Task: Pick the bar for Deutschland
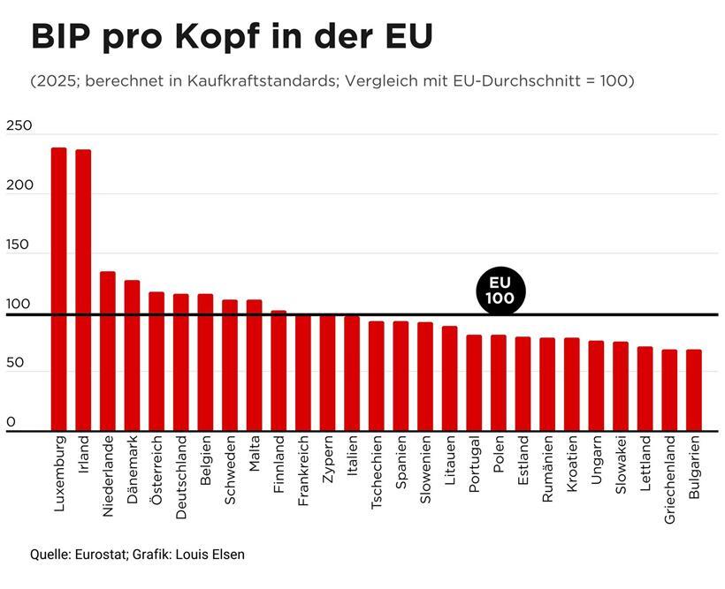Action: point(181,362)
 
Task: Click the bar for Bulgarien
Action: point(694,389)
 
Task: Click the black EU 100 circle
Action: point(500,291)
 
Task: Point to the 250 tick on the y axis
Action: point(19,126)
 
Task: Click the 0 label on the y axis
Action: point(11,422)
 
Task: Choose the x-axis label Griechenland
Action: point(669,480)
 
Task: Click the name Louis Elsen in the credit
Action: point(211,555)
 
